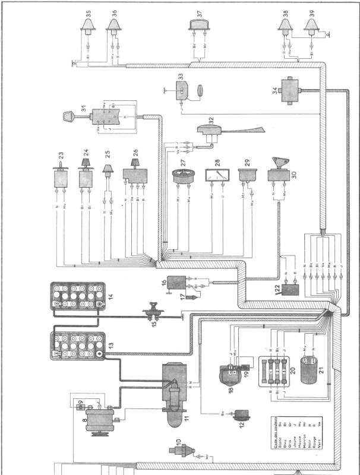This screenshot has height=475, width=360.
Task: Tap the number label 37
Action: click(200, 12)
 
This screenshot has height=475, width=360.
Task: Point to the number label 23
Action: click(61, 156)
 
